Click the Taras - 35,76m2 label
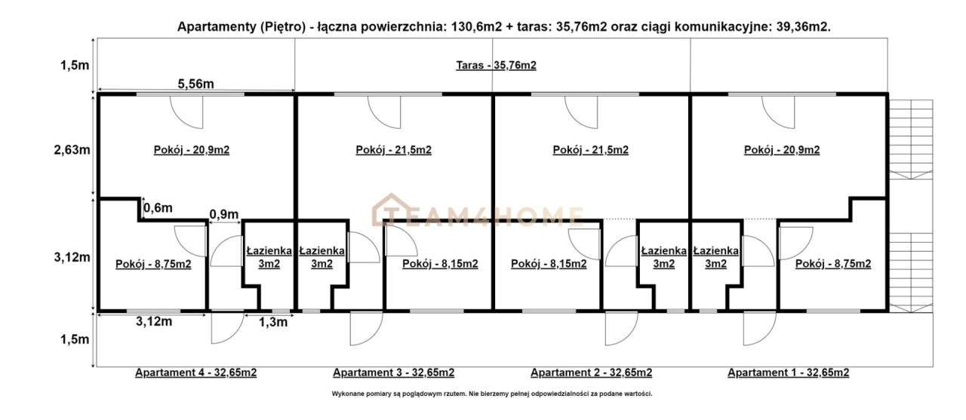(x=496, y=66)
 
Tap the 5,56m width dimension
(x=195, y=84)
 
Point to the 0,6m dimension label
(x=158, y=207)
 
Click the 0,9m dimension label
(x=223, y=213)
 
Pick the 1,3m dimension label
(x=273, y=323)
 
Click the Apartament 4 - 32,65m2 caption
(x=195, y=372)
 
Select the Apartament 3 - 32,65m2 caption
(x=393, y=372)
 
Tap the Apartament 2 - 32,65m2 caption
(x=591, y=372)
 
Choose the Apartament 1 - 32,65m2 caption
(x=788, y=372)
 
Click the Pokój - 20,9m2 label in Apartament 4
(x=191, y=150)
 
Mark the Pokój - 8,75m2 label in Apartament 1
(x=833, y=264)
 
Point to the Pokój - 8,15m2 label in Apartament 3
(x=440, y=264)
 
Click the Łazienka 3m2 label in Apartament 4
(x=266, y=257)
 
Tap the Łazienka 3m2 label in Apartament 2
(x=663, y=257)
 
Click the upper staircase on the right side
(x=911, y=139)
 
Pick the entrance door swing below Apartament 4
(x=223, y=327)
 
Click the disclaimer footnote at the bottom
(x=491, y=394)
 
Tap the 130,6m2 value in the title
(x=477, y=26)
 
